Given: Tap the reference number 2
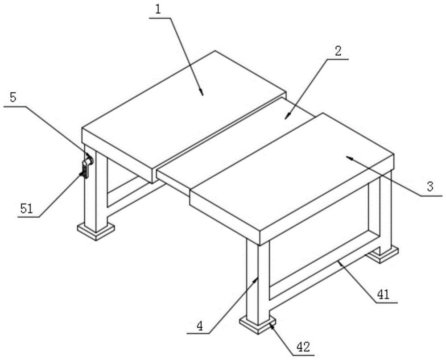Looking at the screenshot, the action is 338,51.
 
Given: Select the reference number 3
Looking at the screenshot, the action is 430,186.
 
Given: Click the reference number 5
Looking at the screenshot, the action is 13,97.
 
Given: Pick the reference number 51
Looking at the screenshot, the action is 27,209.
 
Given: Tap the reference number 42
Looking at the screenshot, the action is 303,347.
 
